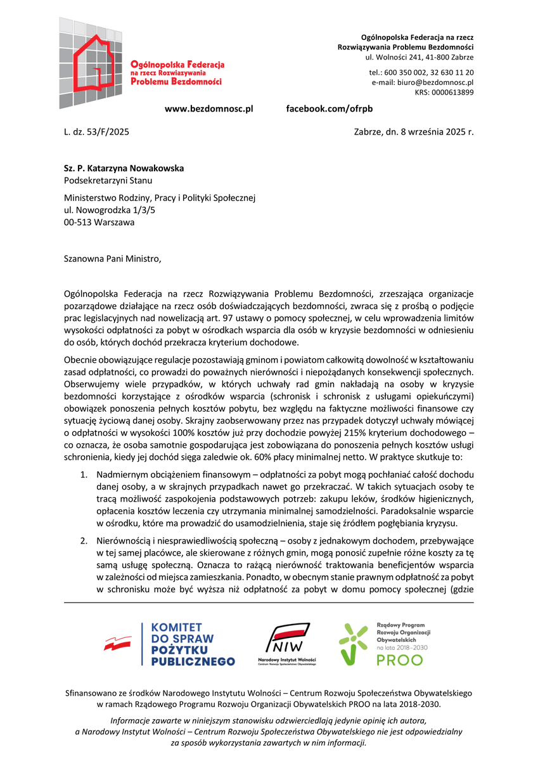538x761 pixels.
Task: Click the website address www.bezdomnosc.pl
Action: pos(208,109)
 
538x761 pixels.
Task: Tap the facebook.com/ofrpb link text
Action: pos(330,109)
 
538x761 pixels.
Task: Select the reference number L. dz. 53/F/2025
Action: pos(96,132)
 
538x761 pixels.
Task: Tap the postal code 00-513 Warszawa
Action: pos(99,222)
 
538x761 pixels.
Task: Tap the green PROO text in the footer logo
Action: pos(399,660)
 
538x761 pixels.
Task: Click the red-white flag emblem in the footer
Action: pos(118,643)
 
